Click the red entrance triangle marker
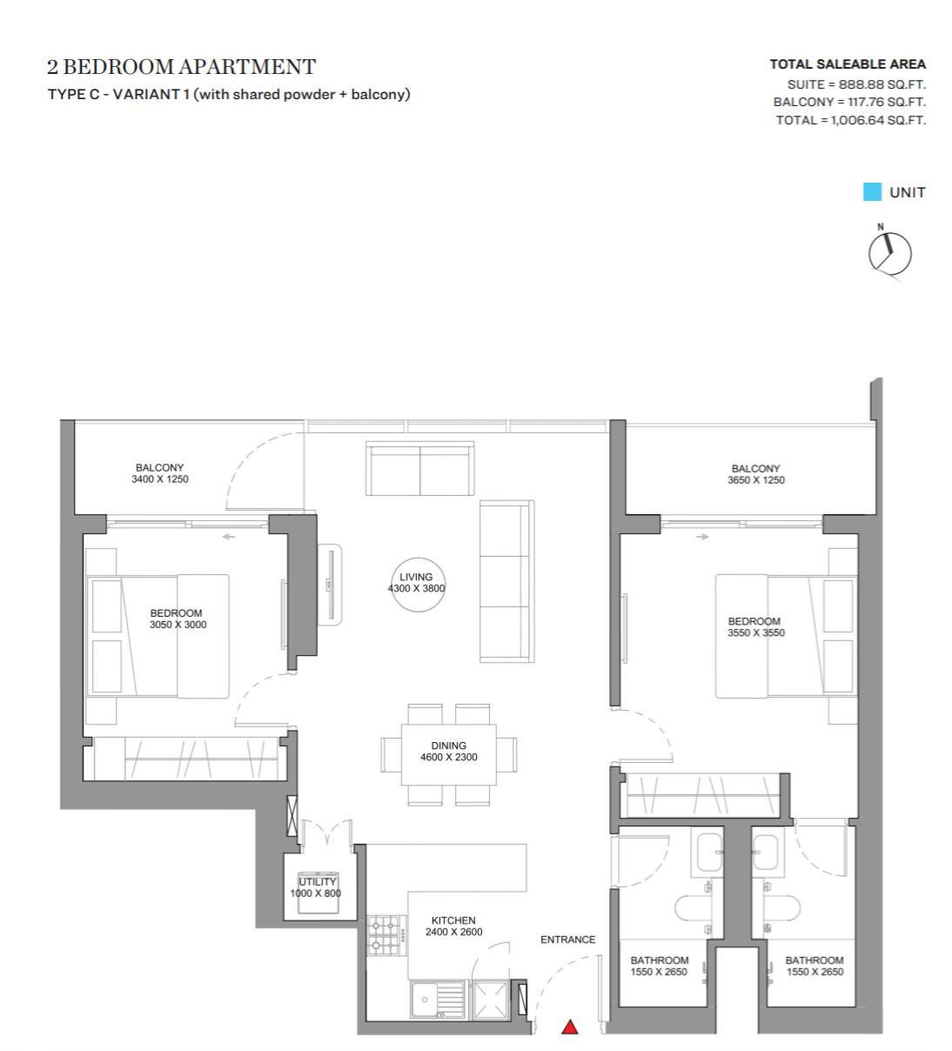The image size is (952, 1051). [569, 1027]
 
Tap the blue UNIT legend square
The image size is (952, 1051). [872, 191]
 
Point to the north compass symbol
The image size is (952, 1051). [889, 253]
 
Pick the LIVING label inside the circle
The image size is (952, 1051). [416, 576]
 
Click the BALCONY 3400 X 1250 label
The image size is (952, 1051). [160, 473]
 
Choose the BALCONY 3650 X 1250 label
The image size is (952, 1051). [755, 474]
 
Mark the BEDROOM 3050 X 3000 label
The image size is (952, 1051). [178, 619]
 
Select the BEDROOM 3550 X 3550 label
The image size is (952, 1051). [755, 626]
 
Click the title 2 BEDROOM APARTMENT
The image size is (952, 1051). [181, 66]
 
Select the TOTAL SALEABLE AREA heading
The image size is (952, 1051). [848, 64]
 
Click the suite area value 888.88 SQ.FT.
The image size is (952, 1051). [882, 84]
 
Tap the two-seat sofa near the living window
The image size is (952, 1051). [419, 468]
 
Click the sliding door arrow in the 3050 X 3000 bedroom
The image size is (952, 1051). [228, 536]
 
